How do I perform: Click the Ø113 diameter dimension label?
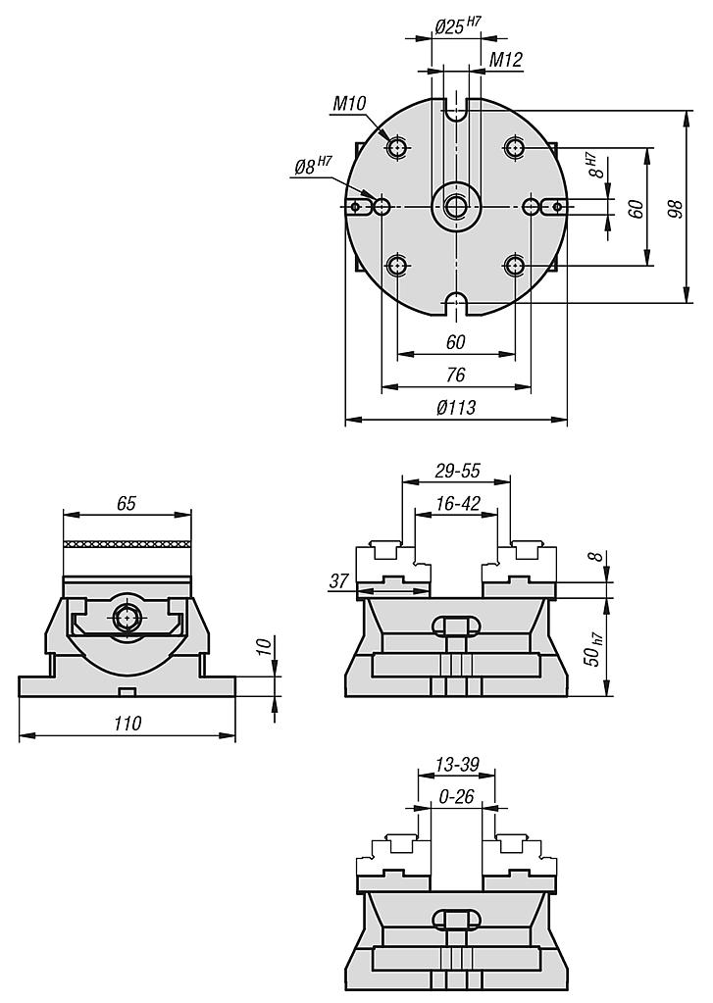point(455,407)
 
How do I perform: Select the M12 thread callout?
point(506,60)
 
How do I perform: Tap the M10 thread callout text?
point(349,103)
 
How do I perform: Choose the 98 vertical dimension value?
point(674,207)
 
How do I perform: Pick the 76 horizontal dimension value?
point(455,375)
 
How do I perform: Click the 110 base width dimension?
point(127,724)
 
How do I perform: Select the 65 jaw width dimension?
point(127,503)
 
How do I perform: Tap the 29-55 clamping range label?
point(456,471)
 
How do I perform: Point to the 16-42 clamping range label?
point(456,503)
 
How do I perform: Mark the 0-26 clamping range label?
point(456,796)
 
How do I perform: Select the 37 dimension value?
point(339,581)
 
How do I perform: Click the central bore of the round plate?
point(455,206)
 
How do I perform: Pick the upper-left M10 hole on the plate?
point(397,148)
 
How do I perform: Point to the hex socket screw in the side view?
point(127,618)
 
